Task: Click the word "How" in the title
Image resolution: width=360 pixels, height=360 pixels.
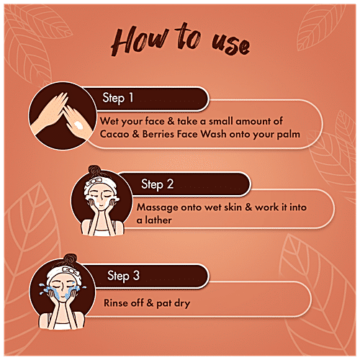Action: [139, 41]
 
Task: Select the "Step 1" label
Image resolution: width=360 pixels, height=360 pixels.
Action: [117, 98]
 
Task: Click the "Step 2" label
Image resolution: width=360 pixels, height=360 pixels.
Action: [157, 184]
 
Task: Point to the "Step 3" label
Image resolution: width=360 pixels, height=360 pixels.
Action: [123, 276]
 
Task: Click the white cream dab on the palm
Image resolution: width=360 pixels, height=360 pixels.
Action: [78, 125]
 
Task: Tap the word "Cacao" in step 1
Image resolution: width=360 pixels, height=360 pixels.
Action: [114, 134]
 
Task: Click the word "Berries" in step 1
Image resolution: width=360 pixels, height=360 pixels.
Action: [158, 134]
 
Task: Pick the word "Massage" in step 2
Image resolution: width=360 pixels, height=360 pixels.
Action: [158, 208]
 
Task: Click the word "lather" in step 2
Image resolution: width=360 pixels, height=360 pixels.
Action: [158, 220]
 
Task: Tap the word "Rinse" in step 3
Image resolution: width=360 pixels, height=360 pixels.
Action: [116, 303]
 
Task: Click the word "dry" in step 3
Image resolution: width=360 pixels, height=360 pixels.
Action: [182, 303]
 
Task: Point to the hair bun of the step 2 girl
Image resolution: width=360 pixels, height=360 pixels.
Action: [94, 170]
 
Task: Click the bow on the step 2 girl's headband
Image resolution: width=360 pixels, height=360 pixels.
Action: [94, 181]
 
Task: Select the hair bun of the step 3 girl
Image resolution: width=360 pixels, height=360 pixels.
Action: [70, 259]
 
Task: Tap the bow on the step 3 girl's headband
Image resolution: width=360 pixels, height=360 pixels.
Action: [71, 271]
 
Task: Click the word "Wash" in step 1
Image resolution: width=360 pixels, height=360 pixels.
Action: [213, 134]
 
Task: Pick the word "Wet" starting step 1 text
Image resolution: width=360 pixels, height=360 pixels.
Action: [109, 121]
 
